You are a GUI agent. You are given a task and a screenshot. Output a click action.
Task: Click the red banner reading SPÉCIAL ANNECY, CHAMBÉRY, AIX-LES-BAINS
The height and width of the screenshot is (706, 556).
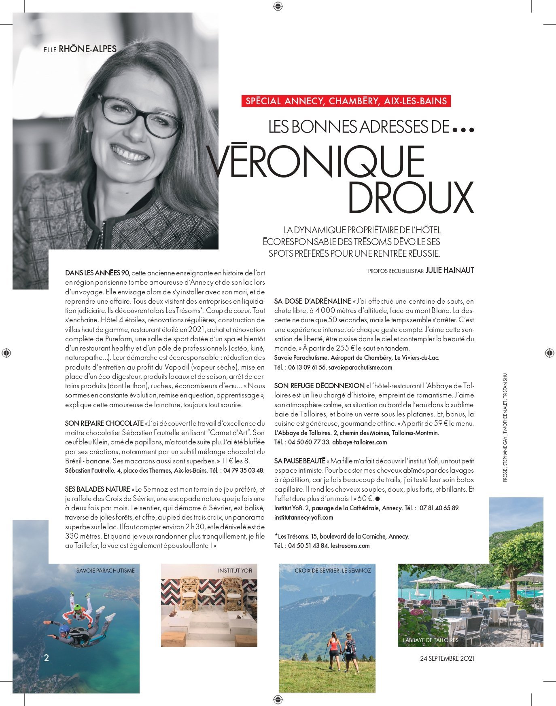pos(346,101)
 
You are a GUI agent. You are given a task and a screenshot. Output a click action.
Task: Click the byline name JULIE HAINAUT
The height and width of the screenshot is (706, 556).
pos(450,271)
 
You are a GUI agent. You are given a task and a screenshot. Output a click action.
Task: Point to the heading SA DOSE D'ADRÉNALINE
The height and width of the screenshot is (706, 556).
pos(312,301)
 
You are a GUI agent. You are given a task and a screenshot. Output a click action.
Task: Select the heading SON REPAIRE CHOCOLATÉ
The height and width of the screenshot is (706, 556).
pos(104,423)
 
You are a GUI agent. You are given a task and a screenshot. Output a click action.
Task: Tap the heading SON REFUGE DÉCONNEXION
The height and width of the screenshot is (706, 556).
pos(319,385)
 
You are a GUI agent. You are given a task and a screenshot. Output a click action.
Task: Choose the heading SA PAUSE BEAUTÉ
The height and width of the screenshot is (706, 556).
pos(300,461)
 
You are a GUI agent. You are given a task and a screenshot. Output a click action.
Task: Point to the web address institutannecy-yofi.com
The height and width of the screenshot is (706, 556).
pos(303,517)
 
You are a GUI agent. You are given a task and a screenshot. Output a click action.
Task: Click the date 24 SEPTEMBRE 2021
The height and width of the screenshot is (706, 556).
pos(447,658)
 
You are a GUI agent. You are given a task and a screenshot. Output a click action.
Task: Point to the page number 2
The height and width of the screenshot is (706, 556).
pos(47,658)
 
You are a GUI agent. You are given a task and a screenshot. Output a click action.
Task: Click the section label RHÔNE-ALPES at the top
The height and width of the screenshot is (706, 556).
pos(88,49)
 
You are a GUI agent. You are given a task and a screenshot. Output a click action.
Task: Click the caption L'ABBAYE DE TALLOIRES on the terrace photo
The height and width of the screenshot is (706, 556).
pos(431,640)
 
